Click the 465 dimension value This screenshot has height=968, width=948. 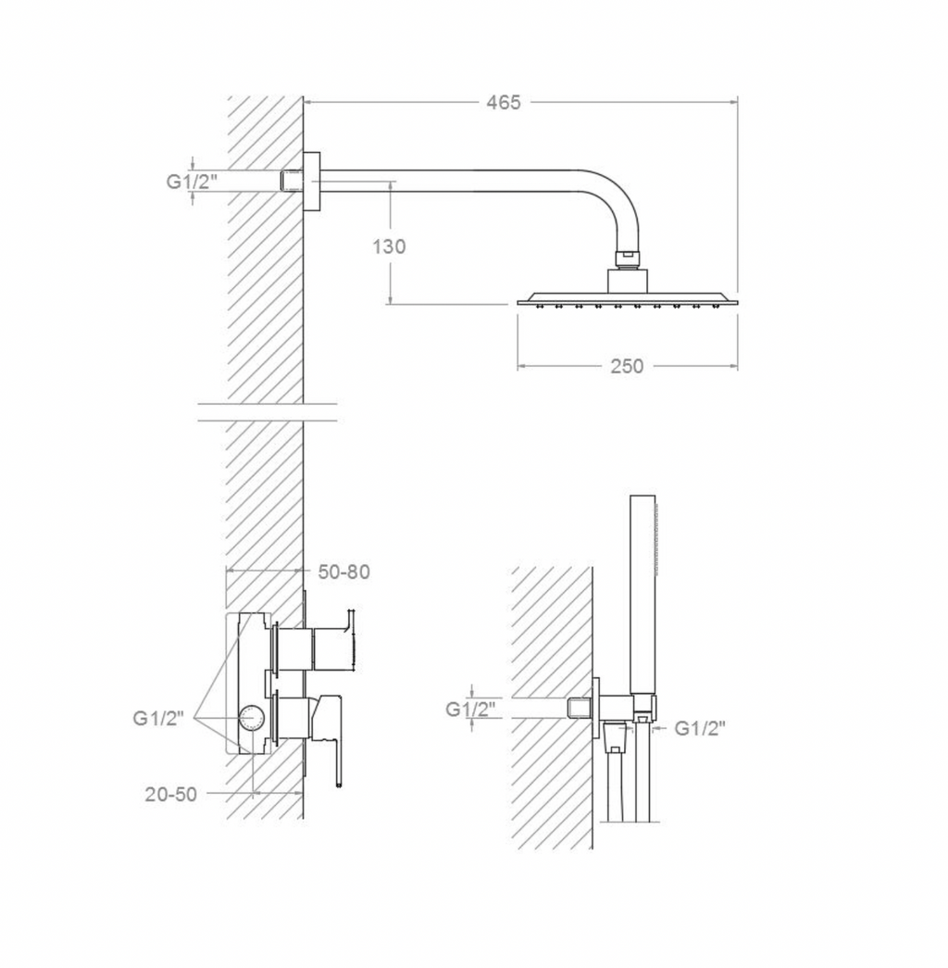(504, 103)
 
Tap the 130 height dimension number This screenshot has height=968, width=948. (389, 246)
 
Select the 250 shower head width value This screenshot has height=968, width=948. (627, 366)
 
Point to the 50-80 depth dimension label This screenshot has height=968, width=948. (343, 572)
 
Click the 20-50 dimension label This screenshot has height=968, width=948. (171, 794)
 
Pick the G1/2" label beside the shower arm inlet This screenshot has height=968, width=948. (193, 182)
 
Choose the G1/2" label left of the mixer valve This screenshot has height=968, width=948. (158, 718)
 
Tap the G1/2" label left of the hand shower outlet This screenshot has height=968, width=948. (471, 709)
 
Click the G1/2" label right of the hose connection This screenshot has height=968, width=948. (699, 728)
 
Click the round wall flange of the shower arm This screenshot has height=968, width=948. (312, 181)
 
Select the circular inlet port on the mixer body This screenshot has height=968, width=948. (253, 719)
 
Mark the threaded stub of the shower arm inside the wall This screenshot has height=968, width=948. (292, 181)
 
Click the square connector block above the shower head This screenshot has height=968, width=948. (627, 281)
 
